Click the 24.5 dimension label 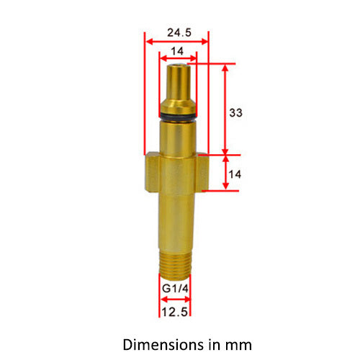coord(176,32)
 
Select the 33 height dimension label coord(235,112)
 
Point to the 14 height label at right coord(235,174)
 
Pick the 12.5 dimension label coord(175,312)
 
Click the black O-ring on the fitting coord(176,116)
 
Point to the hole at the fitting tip coord(176,66)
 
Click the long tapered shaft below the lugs coord(176,223)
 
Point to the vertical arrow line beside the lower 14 coord(226,172)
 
